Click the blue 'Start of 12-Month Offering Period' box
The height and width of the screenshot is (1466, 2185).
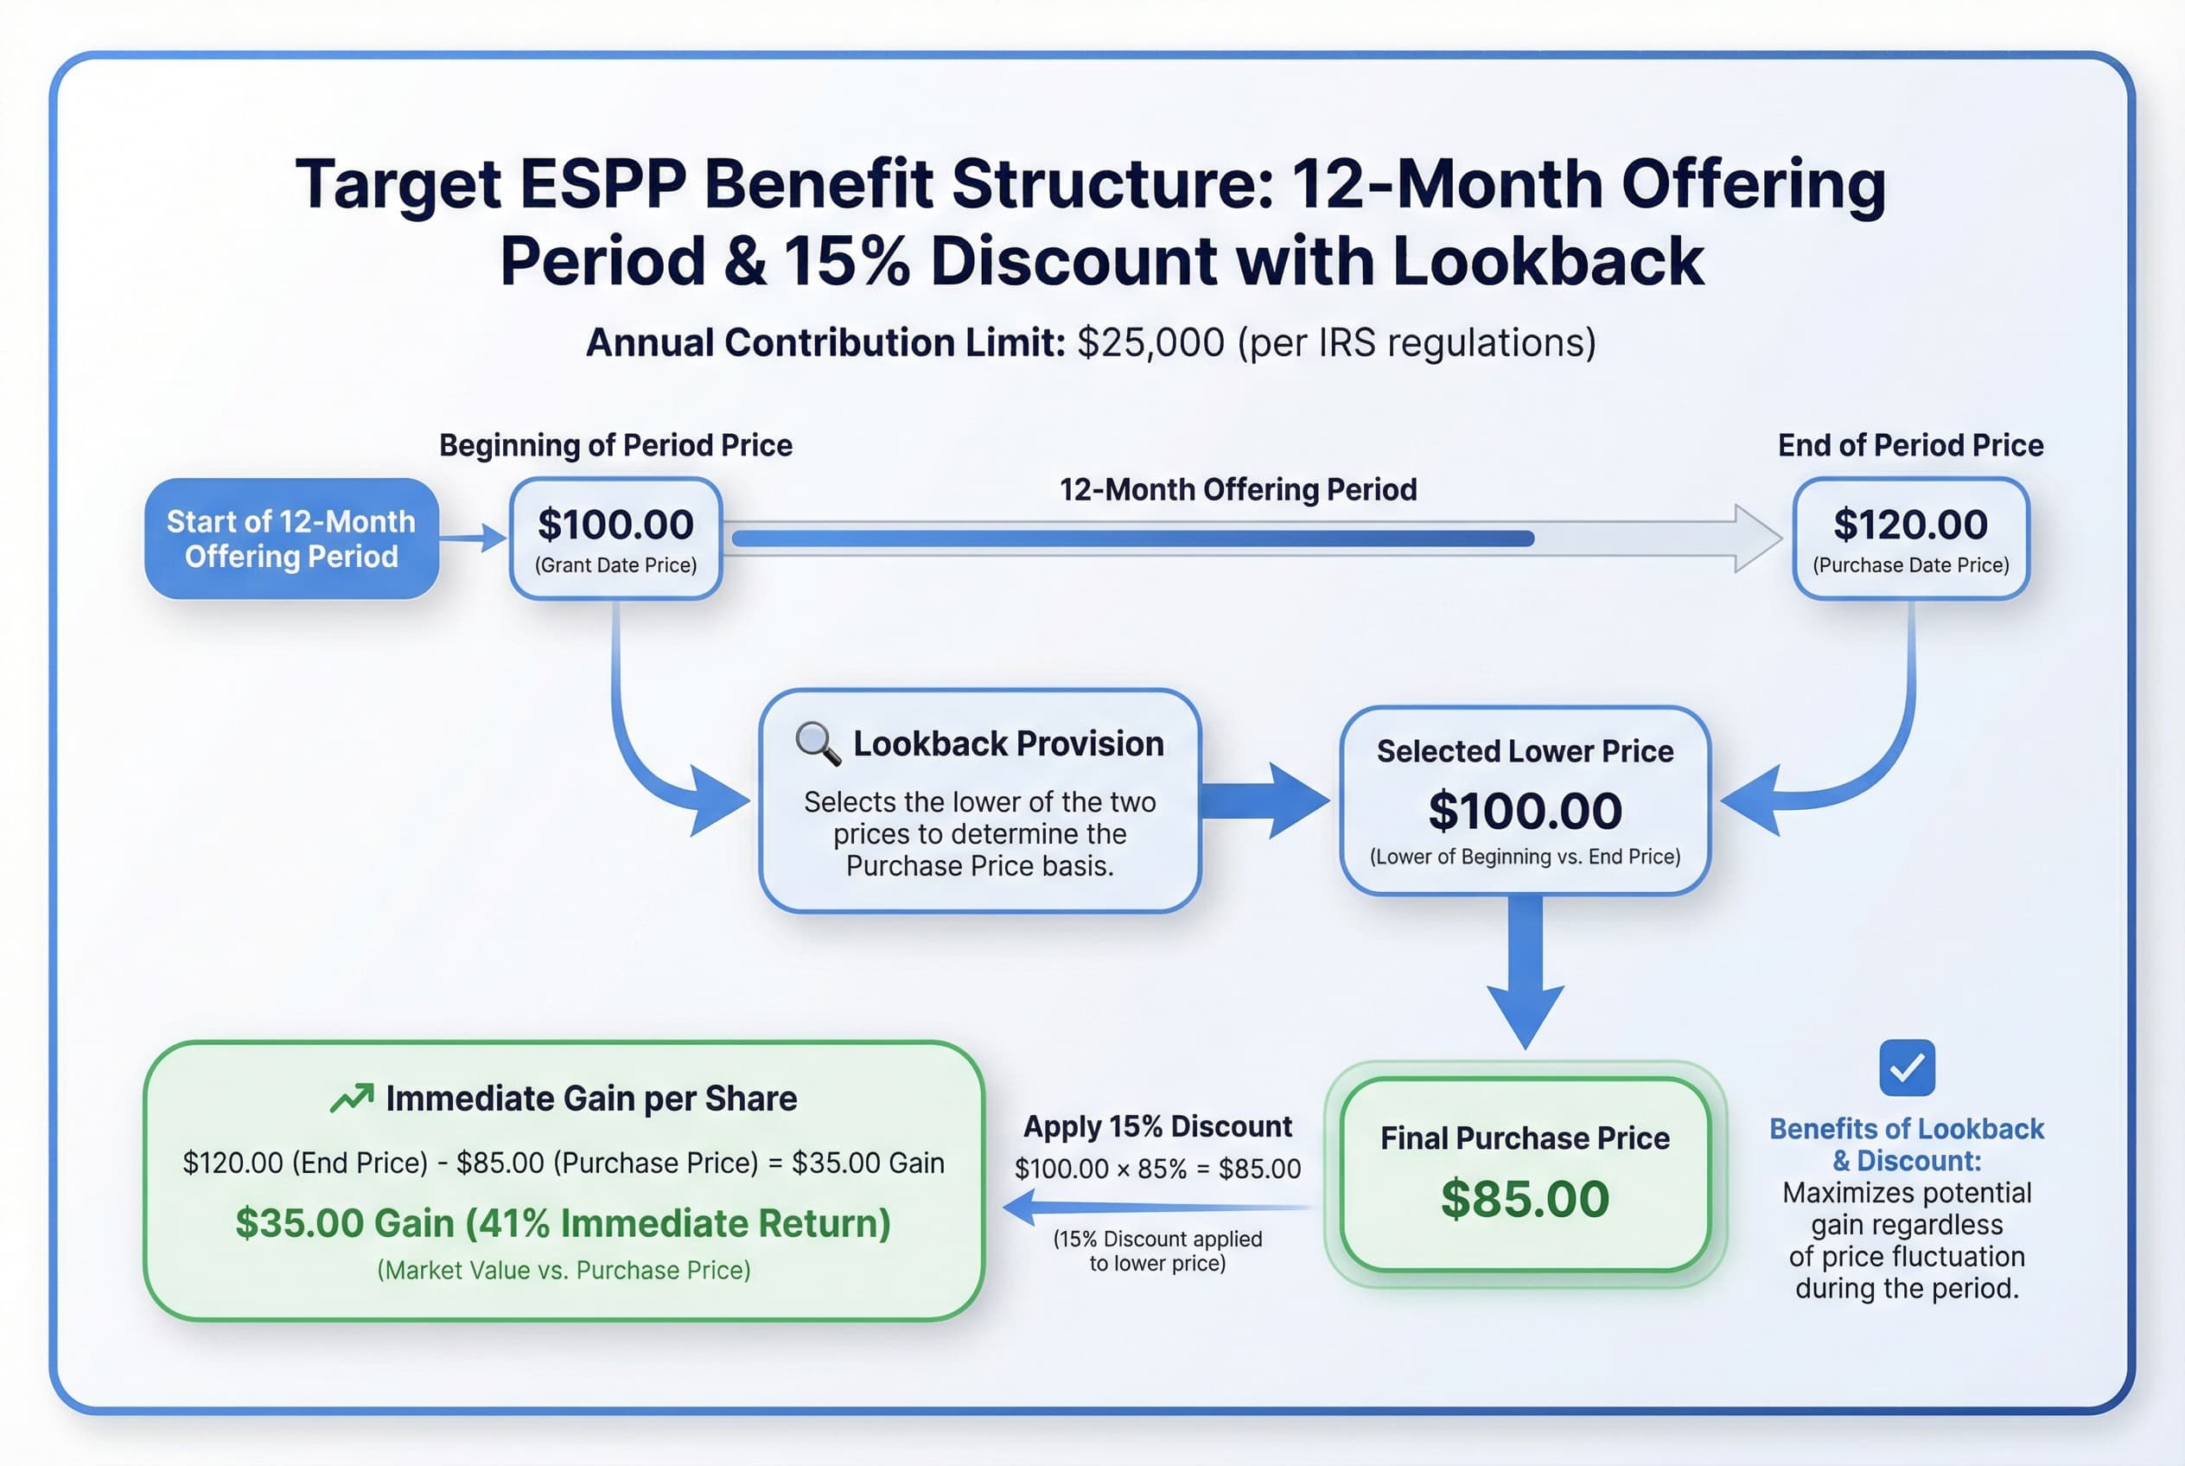[290, 539]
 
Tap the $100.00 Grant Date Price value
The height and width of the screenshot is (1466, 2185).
[615, 525]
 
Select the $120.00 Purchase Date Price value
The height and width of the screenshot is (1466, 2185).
[1910, 525]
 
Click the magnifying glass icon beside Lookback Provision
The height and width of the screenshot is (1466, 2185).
[817, 743]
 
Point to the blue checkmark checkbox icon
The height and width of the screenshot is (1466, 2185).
[1907, 1068]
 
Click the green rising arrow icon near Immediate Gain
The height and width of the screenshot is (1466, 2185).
[352, 1098]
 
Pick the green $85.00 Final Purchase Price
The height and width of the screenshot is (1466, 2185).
[1525, 1199]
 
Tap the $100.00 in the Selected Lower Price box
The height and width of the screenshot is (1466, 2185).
[1525, 811]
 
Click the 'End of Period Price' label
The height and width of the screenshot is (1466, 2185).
[1910, 445]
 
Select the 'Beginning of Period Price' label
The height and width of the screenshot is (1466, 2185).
[615, 445]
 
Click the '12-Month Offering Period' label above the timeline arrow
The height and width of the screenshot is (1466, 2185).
[1238, 489]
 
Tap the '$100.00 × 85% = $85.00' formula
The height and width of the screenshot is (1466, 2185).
[1157, 1169]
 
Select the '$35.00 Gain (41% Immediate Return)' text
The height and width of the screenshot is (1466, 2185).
[563, 1223]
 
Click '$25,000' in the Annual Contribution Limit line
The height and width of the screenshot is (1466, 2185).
[1150, 343]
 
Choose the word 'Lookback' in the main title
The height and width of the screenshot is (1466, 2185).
[1548, 261]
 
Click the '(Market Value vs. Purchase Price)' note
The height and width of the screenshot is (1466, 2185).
[564, 1270]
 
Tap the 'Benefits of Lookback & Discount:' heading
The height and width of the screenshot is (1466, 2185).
[1907, 1144]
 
